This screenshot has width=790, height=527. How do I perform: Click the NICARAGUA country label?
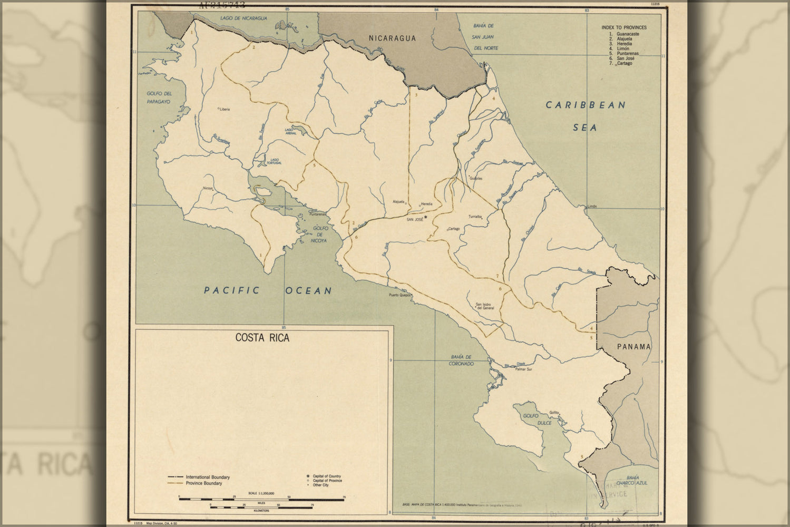click(392, 38)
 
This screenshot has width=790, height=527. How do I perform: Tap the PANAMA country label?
click(634, 346)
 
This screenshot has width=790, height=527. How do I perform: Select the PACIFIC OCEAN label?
click(268, 290)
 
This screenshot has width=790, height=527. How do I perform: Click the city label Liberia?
click(225, 110)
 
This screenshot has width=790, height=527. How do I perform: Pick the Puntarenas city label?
click(318, 214)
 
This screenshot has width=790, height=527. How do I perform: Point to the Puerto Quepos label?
click(399, 295)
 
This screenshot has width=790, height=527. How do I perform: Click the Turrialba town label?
click(476, 217)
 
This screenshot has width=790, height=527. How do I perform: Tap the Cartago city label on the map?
click(453, 229)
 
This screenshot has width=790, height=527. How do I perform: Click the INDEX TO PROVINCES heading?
click(623, 27)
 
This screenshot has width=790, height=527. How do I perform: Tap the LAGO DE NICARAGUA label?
click(243, 18)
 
